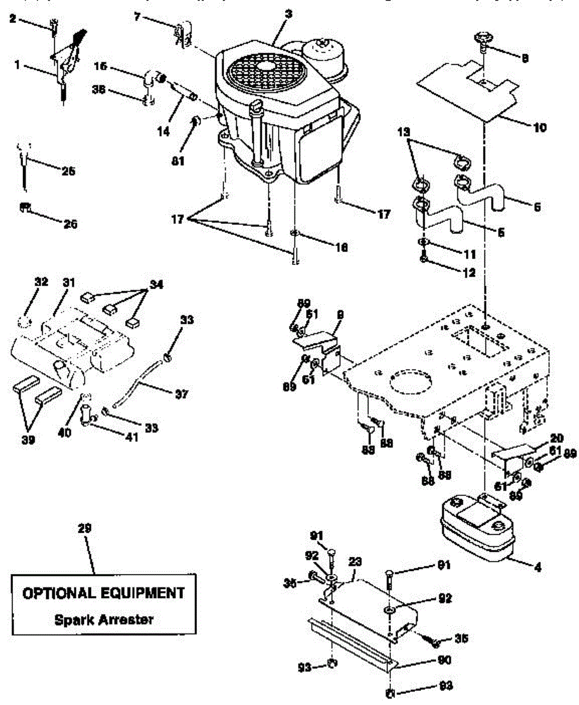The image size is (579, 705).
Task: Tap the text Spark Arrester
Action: pyautogui.click(x=103, y=619)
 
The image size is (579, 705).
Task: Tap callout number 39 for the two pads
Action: pyautogui.click(x=27, y=439)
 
